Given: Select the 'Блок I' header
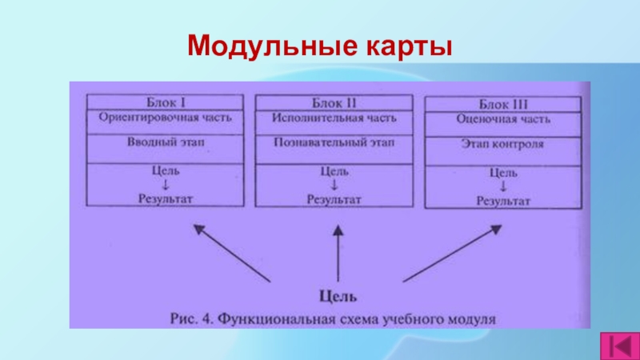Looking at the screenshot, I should click(x=166, y=102).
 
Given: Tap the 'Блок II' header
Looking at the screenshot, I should click(x=335, y=103).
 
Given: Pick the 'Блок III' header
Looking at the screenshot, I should click(x=503, y=105).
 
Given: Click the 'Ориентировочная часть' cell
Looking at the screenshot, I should click(x=166, y=118).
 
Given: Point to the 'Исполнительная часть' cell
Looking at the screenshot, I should click(x=335, y=118).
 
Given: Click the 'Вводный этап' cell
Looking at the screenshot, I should click(x=166, y=143).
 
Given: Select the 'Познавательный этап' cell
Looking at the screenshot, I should click(x=335, y=144).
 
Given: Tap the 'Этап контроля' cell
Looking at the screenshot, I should click(x=503, y=146).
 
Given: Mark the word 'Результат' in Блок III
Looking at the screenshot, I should click(x=503, y=201).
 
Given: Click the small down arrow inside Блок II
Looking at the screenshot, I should click(x=335, y=185).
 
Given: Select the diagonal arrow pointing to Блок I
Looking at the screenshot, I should click(x=233, y=253).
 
